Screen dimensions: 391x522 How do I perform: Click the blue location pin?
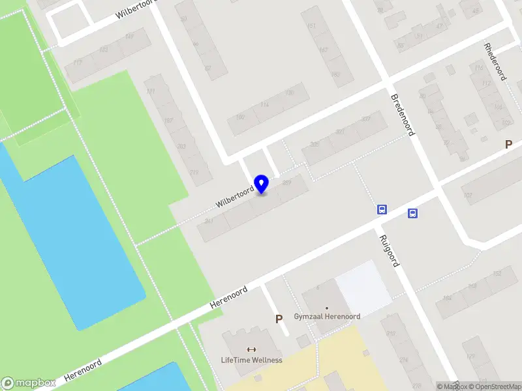pos(261,184)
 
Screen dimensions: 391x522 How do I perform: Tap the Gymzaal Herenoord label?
pos(327,317)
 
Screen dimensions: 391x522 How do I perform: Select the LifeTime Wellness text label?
pos(251,360)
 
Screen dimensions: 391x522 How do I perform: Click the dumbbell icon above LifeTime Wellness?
pos(252,349)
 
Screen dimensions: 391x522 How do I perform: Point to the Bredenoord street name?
pos(403,115)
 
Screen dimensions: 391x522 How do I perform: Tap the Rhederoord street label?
pos(495,61)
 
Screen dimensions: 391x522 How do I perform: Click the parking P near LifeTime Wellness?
pos(279,319)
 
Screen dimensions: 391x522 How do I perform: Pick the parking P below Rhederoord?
pos(508,145)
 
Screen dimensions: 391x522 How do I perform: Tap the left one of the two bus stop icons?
pos(382,210)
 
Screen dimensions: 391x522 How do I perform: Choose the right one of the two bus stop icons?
pos(412,213)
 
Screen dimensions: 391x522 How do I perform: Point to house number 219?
pos(194,172)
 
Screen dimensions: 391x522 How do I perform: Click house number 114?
pos(264,105)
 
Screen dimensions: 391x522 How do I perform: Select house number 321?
pos(340,132)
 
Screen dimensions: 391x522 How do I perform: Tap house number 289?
pos(286,182)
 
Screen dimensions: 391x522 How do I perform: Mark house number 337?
pos(365,118)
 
